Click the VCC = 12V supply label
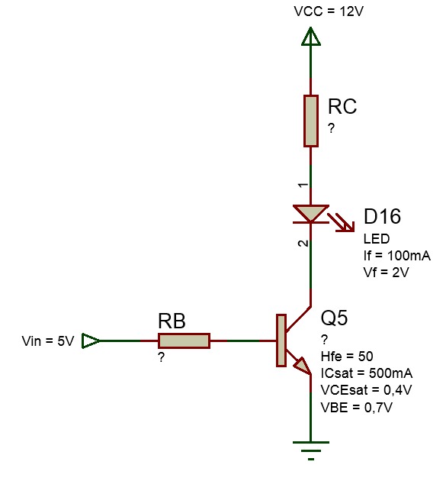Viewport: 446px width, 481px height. pyautogui.click(x=329, y=11)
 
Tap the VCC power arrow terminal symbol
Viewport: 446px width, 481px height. pyautogui.click(x=311, y=37)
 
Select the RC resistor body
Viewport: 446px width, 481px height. pyautogui.click(x=311, y=121)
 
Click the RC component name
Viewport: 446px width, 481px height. pyautogui.click(x=342, y=106)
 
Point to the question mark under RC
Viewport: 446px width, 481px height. pyautogui.click(x=331, y=128)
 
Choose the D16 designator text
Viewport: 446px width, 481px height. pyautogui.click(x=382, y=216)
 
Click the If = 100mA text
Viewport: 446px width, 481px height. pyautogui.click(x=397, y=256)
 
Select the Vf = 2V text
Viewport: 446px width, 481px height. pyautogui.click(x=387, y=273)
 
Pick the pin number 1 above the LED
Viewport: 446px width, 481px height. pyautogui.click(x=303, y=186)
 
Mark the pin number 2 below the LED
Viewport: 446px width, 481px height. pyautogui.click(x=303, y=244)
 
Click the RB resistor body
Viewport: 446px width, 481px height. pyautogui.click(x=184, y=341)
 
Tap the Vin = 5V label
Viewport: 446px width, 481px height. pyautogui.click(x=48, y=341)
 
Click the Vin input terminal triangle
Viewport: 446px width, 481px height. pyautogui.click(x=91, y=341)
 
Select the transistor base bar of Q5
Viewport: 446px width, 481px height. pyautogui.click(x=281, y=341)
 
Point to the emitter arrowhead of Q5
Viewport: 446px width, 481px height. pyautogui.click(x=303, y=366)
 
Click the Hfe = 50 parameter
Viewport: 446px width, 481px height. pyautogui.click(x=347, y=357)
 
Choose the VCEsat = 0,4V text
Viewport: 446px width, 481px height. pyautogui.click(x=366, y=390)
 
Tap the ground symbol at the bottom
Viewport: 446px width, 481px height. pyautogui.click(x=311, y=450)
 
